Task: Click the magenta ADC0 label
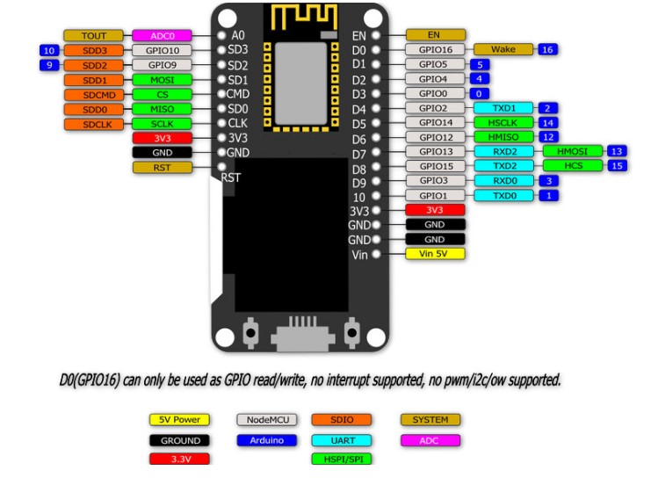click(x=163, y=36)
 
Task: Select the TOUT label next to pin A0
click(x=94, y=36)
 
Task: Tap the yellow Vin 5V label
click(x=434, y=254)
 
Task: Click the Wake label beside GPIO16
click(x=503, y=50)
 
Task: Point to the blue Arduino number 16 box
click(x=547, y=50)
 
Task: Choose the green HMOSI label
click(x=571, y=151)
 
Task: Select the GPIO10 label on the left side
click(x=163, y=51)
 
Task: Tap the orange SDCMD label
click(x=94, y=95)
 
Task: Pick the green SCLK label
click(x=163, y=124)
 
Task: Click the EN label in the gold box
click(x=434, y=35)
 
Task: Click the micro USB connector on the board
click(x=302, y=336)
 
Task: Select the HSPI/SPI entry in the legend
click(x=340, y=459)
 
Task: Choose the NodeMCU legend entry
click(x=264, y=421)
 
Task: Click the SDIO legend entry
click(x=340, y=421)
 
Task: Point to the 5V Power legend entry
click(x=180, y=421)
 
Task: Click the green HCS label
click(x=571, y=165)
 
